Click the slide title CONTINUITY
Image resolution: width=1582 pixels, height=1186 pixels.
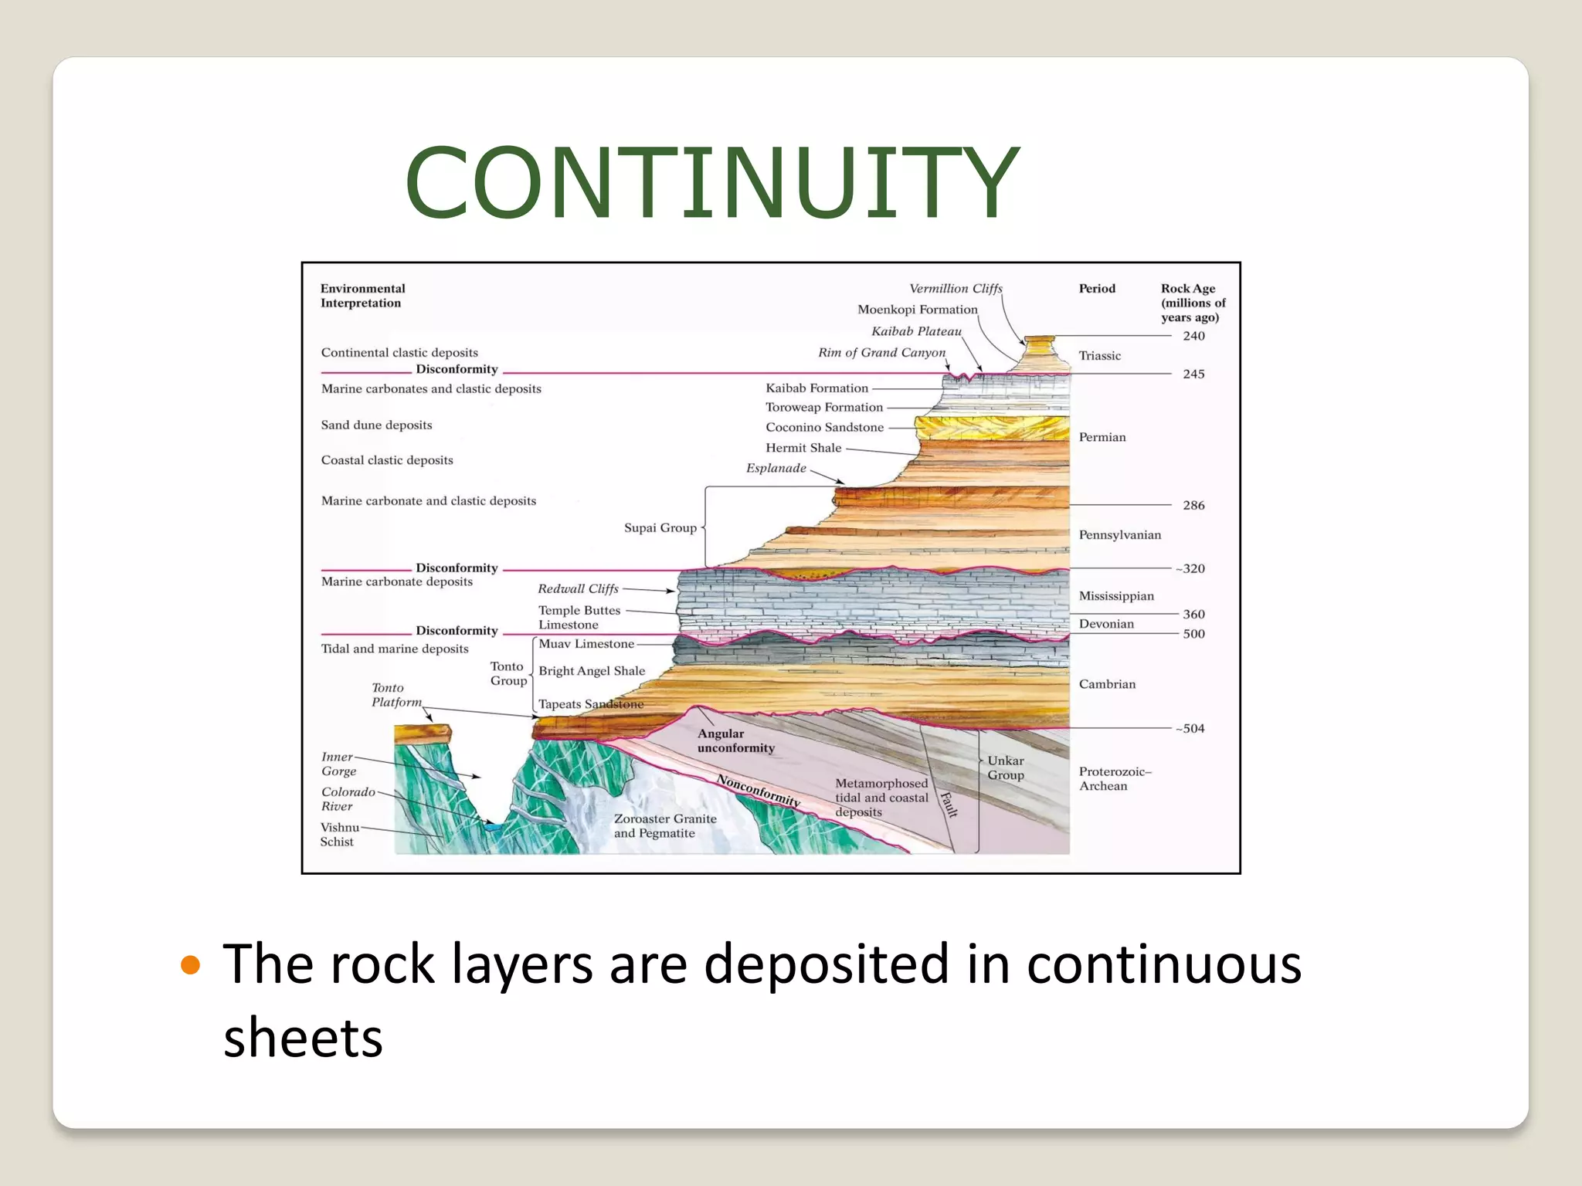[x=711, y=182]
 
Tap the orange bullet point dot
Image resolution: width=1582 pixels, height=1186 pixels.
[x=190, y=965]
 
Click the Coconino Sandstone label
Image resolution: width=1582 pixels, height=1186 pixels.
[x=824, y=427]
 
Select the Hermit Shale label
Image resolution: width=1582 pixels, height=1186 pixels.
[x=803, y=448]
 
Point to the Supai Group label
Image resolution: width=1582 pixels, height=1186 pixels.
[x=660, y=528]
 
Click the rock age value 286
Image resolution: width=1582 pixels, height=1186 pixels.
[x=1193, y=505]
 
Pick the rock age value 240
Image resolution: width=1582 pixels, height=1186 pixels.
[x=1193, y=336]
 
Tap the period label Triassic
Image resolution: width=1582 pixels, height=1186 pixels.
[x=1099, y=356]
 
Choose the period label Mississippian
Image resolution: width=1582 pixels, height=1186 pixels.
[x=1116, y=596]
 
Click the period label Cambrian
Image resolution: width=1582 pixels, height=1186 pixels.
[x=1107, y=684]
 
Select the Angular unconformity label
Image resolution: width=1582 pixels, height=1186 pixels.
[x=735, y=740]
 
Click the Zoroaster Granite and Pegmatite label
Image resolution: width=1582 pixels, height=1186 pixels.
[x=665, y=825]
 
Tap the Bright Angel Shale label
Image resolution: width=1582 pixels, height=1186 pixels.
[x=592, y=671]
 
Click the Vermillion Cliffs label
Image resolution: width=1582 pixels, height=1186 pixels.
[x=956, y=289]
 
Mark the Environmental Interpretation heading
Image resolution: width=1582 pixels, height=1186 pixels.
[x=362, y=296]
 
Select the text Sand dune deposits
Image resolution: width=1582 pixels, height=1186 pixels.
[x=376, y=425]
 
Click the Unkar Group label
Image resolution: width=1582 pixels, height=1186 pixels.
[x=1005, y=768]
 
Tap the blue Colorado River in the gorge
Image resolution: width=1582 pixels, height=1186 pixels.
[x=492, y=827]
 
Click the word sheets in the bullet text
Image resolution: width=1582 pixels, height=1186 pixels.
[x=303, y=1037]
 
